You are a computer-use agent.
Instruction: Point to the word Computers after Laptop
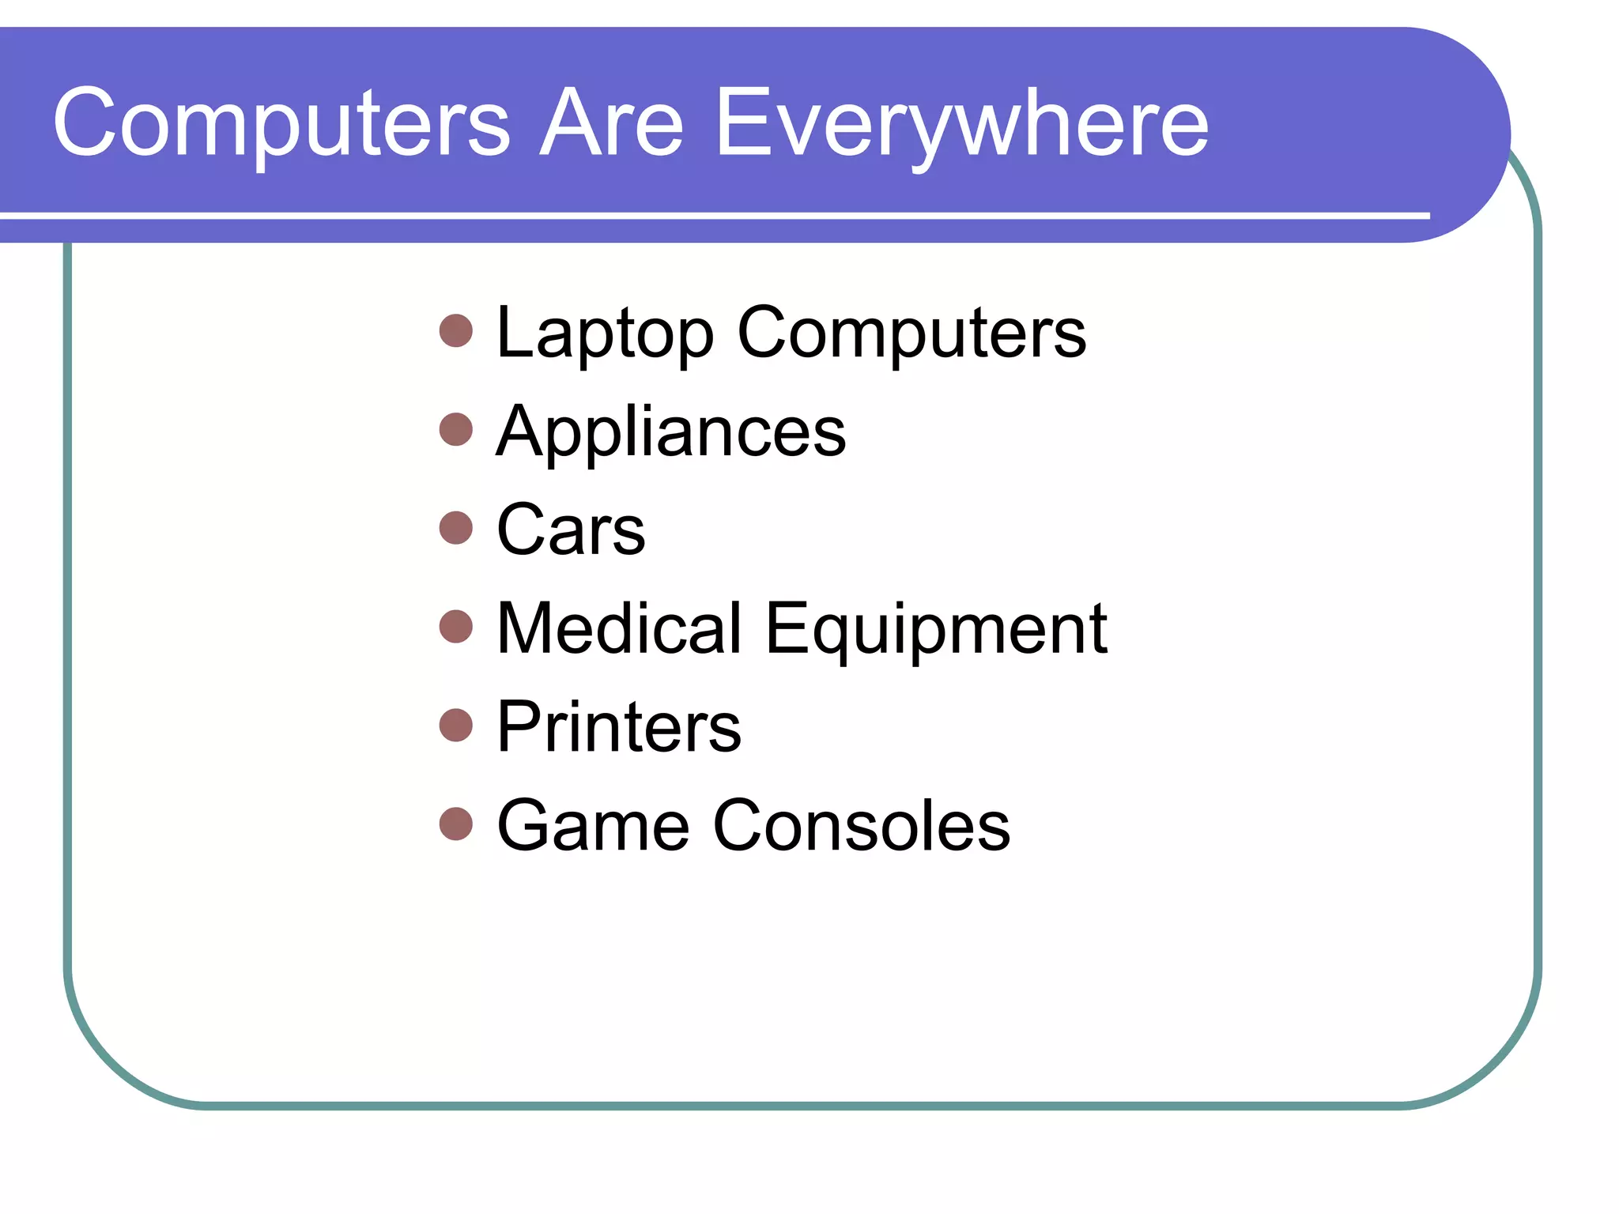(x=911, y=334)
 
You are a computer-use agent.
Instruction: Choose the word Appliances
(x=670, y=432)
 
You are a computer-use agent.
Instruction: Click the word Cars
(x=571, y=530)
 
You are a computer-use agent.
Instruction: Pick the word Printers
(x=619, y=727)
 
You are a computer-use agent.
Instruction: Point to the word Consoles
(x=861, y=826)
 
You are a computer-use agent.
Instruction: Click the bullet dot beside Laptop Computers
(x=456, y=331)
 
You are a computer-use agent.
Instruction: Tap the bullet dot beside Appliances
(x=456, y=429)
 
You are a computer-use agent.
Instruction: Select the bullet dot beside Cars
(x=456, y=528)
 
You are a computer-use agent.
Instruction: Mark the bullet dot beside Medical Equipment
(x=456, y=627)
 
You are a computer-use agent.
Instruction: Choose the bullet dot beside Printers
(x=456, y=725)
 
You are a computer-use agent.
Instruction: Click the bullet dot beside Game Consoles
(x=456, y=824)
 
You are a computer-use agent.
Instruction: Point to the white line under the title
(x=711, y=215)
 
